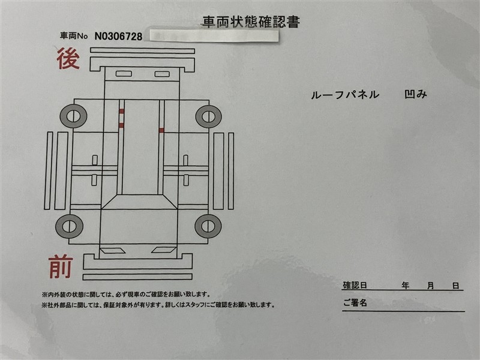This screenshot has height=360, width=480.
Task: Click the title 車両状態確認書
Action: pyautogui.click(x=251, y=22)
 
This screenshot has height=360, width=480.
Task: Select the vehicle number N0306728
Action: pyautogui.click(x=118, y=37)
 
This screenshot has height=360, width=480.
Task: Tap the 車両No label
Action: pyautogui.click(x=74, y=36)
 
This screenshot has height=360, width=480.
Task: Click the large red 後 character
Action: pyautogui.click(x=68, y=58)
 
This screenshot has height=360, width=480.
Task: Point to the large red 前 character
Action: pyautogui.click(x=61, y=267)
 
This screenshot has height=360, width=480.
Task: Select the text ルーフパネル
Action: pyautogui.click(x=345, y=95)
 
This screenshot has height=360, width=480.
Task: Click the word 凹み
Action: pyautogui.click(x=415, y=94)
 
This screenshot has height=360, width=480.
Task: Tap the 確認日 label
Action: pyautogui.click(x=355, y=286)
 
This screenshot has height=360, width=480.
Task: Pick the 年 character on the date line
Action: pyautogui.click(x=406, y=286)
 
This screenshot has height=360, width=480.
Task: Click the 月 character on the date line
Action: pyautogui.click(x=431, y=286)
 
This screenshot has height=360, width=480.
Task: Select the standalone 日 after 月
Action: pyautogui.click(x=456, y=286)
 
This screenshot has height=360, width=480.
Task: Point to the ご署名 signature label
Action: pyautogui.click(x=355, y=303)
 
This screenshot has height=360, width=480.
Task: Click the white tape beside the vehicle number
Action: pyautogui.click(x=214, y=35)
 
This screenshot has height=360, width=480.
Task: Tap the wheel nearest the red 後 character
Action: pyautogui.click(x=73, y=116)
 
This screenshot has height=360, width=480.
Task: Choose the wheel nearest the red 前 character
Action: pyautogui.click(x=69, y=226)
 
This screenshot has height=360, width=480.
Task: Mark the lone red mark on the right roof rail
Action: pyautogui.click(x=161, y=130)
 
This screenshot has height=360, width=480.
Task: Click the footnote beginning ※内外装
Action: pyautogui.click(x=126, y=295)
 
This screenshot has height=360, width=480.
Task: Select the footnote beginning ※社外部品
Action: pyautogui.click(x=158, y=305)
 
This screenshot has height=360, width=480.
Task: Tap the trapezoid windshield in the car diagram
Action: pyautogui.click(x=139, y=202)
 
